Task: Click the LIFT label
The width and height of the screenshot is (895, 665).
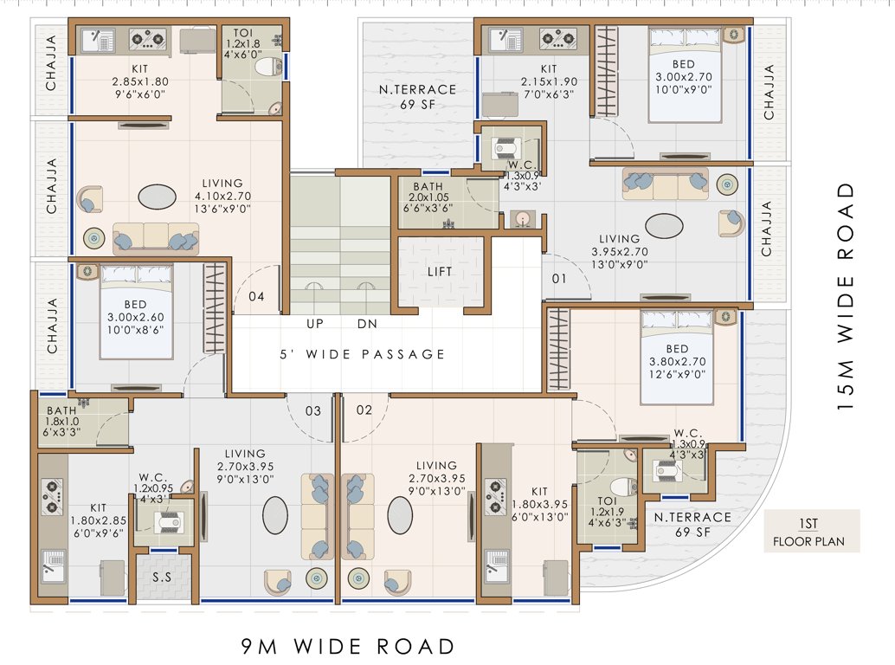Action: pyautogui.click(x=441, y=272)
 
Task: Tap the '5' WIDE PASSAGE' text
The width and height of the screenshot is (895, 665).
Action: pyautogui.click(x=363, y=354)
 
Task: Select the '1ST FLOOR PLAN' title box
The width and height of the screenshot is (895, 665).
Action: pyautogui.click(x=811, y=531)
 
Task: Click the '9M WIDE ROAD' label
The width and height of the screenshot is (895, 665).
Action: pyautogui.click(x=347, y=646)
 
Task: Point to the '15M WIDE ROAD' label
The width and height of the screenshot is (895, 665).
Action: pyautogui.click(x=847, y=294)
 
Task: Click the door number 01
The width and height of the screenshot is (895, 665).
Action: pyautogui.click(x=559, y=279)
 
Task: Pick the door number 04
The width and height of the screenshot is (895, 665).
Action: pyautogui.click(x=256, y=297)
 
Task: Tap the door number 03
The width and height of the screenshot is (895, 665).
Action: pyautogui.click(x=312, y=410)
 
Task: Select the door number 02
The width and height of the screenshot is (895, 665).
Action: pyautogui.click(x=364, y=410)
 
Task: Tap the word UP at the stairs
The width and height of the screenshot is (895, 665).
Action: pyautogui.click(x=316, y=325)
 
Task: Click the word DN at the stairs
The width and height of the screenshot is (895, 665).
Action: pyautogui.click(x=367, y=325)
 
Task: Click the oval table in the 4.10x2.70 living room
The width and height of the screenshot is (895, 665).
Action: pyautogui.click(x=161, y=197)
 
